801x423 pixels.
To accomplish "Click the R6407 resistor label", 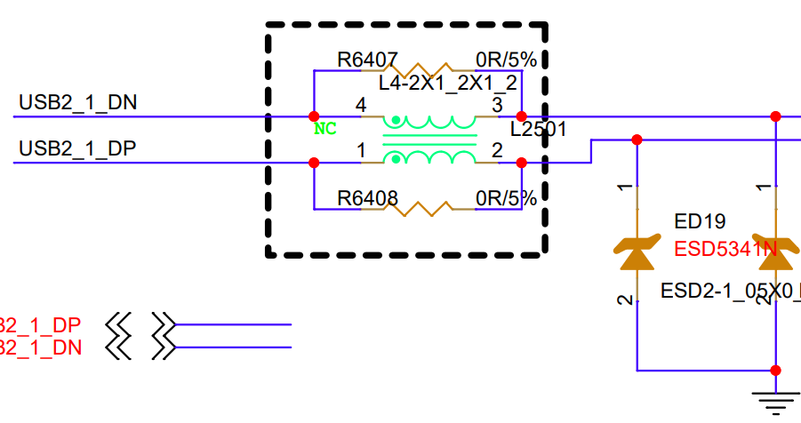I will (367, 60).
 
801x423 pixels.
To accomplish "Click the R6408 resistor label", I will (367, 198).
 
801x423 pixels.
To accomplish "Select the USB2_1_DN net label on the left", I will (78, 102).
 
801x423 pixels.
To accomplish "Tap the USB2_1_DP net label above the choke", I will (77, 148).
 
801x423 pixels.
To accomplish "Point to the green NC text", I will (325, 129).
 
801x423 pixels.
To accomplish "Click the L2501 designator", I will (539, 130).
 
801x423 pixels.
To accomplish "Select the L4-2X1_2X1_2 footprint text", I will (448, 84).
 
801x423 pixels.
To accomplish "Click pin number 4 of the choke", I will (360, 105).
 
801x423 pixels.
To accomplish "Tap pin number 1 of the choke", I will (361, 151).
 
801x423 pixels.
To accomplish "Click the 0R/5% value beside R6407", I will (506, 60).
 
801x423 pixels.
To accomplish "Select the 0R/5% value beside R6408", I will (506, 198).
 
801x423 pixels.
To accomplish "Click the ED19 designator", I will (701, 221).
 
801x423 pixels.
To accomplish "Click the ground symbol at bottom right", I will (776, 401).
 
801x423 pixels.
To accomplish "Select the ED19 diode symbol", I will (637, 252).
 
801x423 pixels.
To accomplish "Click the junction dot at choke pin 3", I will (522, 116).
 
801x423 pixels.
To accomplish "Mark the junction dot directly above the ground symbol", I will (776, 371).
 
